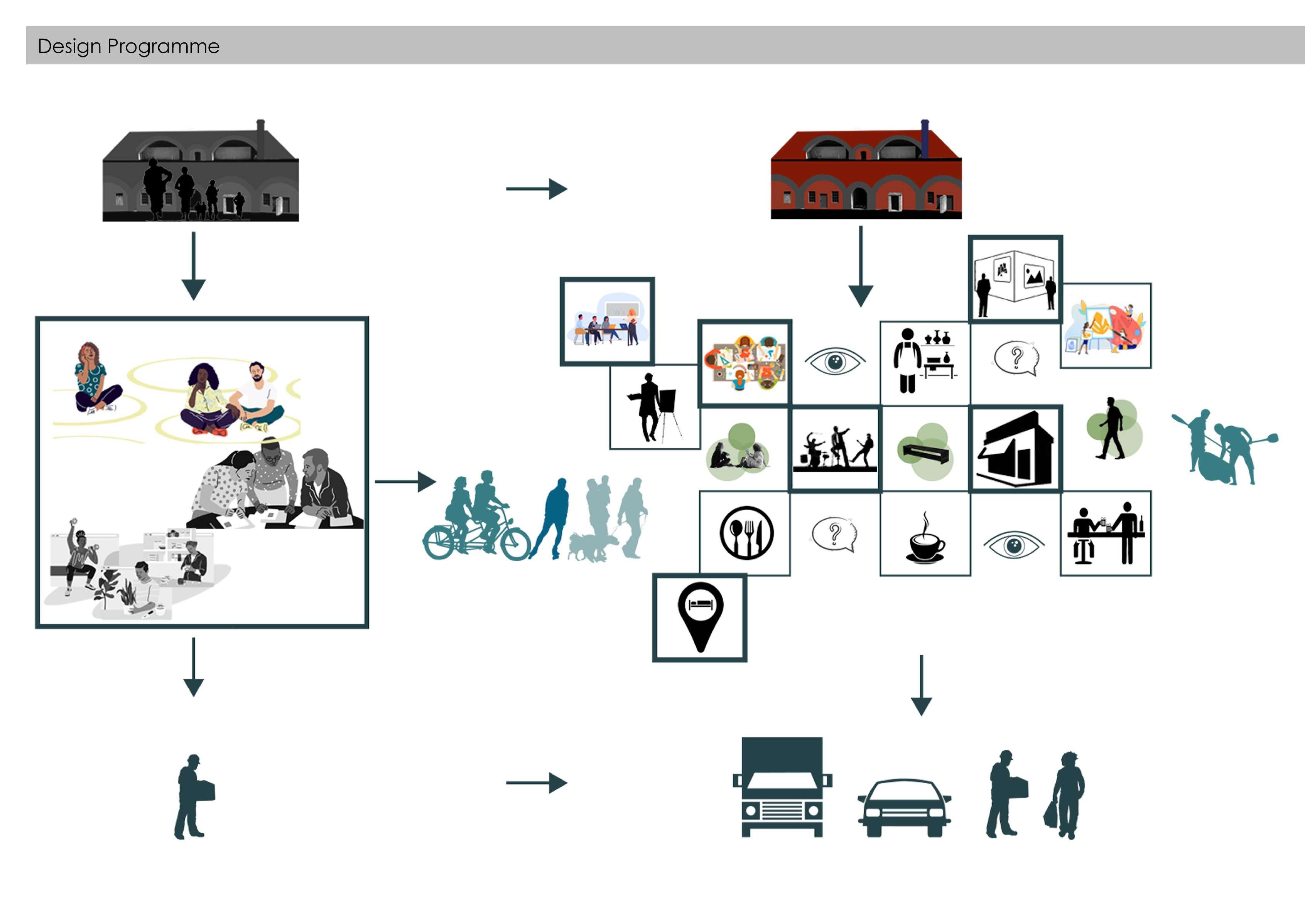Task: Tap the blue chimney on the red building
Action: point(924,139)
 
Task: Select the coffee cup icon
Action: point(925,540)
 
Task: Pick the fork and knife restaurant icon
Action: point(746,533)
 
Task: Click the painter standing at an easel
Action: point(653,407)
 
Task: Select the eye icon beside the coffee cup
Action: point(1014,545)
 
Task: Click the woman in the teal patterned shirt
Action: point(93,378)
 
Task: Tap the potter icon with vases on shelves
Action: point(925,361)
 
